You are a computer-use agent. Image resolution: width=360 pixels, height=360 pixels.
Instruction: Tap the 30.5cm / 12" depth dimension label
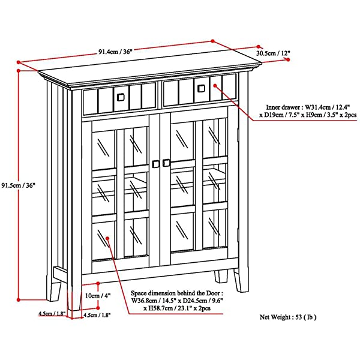273,53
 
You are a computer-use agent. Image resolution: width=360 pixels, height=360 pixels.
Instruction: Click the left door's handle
155,163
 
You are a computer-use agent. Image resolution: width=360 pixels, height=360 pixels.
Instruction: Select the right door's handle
167,163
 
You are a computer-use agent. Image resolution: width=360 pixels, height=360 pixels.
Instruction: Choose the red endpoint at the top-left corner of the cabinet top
20,62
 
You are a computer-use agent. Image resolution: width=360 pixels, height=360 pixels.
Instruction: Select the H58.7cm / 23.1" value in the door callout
172,308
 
